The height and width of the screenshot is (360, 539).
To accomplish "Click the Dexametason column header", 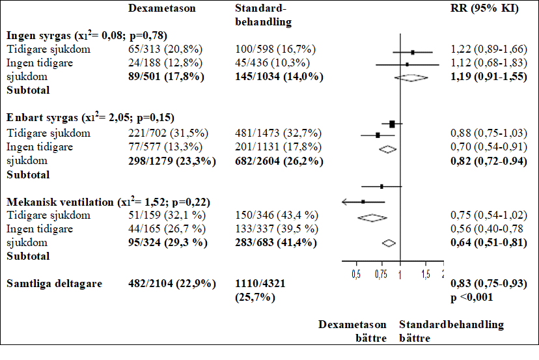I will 162,8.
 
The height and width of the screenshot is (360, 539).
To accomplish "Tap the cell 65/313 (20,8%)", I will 165,50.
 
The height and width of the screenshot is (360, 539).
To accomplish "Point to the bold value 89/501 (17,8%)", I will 166,77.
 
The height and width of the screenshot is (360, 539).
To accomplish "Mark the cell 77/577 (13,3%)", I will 165,147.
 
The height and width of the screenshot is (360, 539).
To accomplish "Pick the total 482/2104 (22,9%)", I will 169,283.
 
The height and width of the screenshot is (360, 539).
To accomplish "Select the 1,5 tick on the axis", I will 426,274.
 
